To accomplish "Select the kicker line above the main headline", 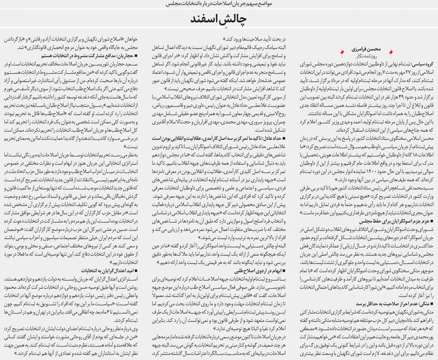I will point(219,4).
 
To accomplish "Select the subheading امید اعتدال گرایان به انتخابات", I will point(103,270).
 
